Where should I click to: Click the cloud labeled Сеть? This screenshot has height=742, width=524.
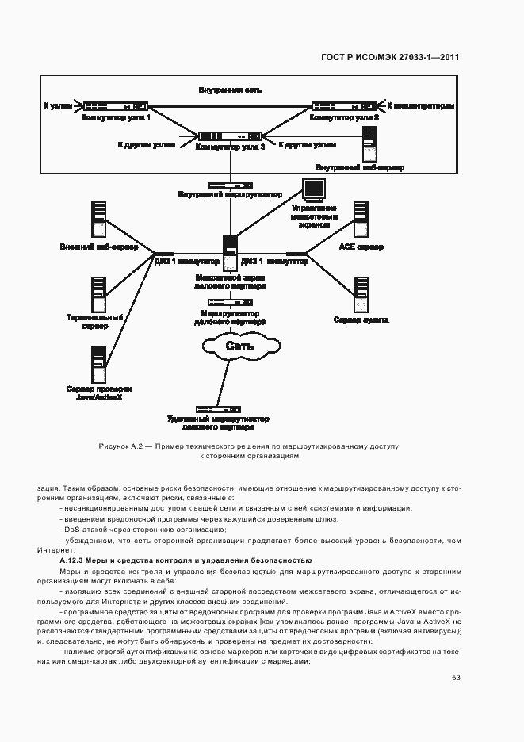pos(239,346)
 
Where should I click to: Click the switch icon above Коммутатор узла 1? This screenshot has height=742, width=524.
pos(116,105)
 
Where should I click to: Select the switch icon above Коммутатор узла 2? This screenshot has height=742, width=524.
pos(345,105)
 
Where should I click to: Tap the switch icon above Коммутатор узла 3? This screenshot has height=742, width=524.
pos(230,136)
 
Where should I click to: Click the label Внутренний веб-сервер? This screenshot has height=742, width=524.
pos(359,168)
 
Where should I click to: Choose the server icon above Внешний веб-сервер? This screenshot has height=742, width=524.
pos(99,220)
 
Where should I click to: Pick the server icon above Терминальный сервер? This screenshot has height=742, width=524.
pos(99,294)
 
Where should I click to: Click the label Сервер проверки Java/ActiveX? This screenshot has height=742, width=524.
pos(99,393)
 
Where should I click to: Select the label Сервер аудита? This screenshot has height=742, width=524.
pos(361,319)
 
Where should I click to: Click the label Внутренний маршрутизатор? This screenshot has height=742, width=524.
pos(230,194)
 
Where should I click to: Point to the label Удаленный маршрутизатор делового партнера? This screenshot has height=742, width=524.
pos(218,423)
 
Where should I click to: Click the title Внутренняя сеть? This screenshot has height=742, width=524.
pos(230,91)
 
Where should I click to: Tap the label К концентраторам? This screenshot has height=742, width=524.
pos(421,105)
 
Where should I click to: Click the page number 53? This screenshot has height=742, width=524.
pos(456,678)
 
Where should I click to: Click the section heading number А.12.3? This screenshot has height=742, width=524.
pos(63,560)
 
